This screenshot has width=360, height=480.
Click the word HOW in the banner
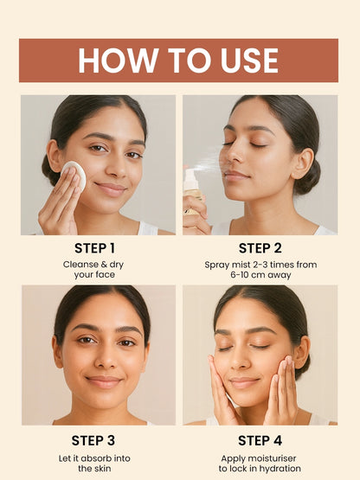click(119, 61)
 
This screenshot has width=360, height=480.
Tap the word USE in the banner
click(249, 61)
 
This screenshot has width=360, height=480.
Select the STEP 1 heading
click(94, 248)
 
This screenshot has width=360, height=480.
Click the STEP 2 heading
click(260, 248)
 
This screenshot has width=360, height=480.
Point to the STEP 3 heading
click(93, 441)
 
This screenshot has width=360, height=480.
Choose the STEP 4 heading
click(260, 441)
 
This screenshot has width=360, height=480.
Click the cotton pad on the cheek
click(74, 175)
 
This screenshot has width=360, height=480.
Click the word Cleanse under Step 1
click(80, 265)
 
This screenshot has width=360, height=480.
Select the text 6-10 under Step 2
click(240, 274)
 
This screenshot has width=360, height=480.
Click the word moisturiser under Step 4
click(272, 458)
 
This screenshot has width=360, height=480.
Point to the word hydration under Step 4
click(280, 469)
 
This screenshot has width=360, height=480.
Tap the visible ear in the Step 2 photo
click(305, 163)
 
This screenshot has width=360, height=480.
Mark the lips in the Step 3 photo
click(103, 382)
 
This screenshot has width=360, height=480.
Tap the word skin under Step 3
click(103, 469)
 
